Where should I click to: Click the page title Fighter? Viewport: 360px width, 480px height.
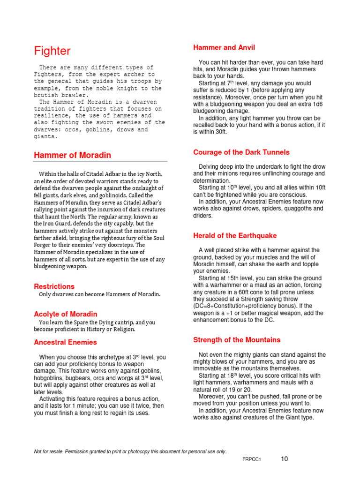tap(52, 51)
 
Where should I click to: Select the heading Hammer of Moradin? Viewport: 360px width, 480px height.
tap(72, 155)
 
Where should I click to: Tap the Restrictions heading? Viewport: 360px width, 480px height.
tap(54, 286)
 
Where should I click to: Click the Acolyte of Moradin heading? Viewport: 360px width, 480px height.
tap(66, 314)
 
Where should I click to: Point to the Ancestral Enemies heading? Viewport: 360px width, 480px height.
tap(66, 342)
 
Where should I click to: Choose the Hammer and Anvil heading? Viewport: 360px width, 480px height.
tap(224, 47)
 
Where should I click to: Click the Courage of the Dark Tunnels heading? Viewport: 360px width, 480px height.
tap(241, 152)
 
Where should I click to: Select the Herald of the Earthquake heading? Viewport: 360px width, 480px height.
tap(235, 235)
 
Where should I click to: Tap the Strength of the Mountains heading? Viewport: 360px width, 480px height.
tap(237, 339)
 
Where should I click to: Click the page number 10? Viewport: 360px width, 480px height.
tap(285, 459)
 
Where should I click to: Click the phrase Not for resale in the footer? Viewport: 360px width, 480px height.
tap(51, 451)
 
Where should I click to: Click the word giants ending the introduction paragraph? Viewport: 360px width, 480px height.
tap(45, 137)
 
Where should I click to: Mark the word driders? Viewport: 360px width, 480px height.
tap(203, 216)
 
